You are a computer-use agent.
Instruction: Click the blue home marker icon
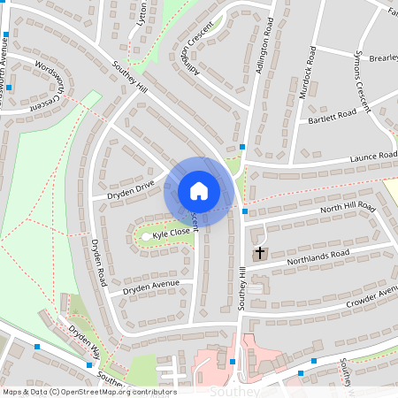[x=199, y=190]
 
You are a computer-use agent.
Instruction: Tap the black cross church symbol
[x=260, y=254]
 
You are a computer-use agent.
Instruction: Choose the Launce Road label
[x=372, y=157]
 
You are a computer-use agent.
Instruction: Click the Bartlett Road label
[x=332, y=116]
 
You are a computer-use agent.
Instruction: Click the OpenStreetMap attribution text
[x=89, y=391]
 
